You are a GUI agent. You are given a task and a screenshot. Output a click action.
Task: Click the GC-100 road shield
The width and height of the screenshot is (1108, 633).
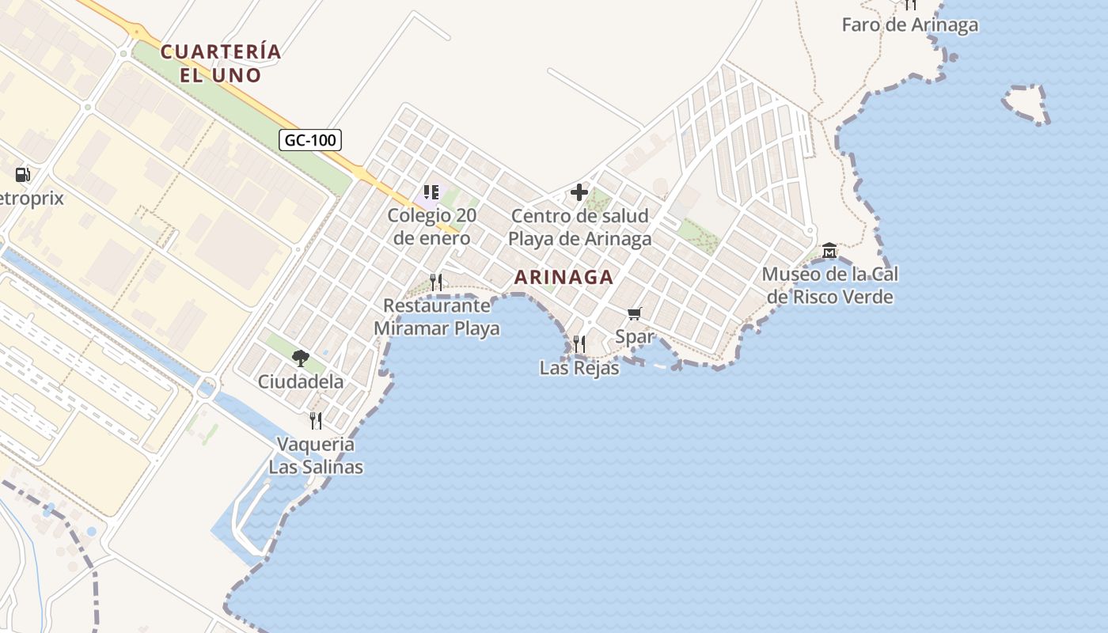310,141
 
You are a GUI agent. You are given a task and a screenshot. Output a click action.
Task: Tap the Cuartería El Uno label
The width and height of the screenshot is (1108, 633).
221,63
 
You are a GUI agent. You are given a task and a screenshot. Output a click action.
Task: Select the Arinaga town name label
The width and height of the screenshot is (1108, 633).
563,277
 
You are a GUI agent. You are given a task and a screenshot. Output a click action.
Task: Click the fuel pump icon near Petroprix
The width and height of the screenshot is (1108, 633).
23,175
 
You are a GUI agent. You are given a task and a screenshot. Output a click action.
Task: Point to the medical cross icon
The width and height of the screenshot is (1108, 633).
579,192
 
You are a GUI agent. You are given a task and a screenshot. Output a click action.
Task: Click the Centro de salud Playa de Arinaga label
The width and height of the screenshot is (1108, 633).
579,227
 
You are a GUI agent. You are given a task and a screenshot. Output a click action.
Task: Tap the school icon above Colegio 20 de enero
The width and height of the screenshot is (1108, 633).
431,192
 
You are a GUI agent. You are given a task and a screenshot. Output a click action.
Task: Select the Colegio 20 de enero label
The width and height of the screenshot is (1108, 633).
431,227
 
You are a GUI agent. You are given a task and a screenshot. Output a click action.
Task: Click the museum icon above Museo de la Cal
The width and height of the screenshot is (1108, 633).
829,251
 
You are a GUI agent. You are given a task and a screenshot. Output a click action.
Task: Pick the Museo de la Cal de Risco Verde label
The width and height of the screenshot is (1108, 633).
829,286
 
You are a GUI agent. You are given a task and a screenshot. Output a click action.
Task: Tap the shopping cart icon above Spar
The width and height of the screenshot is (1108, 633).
634,314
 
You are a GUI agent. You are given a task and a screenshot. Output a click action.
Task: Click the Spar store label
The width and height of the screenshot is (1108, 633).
635,336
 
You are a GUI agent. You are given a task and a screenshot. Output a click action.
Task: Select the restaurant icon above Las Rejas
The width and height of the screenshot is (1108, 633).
579,343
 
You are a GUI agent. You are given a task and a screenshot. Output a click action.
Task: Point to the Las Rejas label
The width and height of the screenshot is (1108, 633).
579,368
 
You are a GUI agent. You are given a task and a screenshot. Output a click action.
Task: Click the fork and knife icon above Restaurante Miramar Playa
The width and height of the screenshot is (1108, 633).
435,282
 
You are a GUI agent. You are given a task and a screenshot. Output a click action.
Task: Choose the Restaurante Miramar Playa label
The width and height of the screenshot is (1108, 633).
436,316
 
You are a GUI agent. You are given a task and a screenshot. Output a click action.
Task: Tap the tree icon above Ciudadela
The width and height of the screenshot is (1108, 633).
301,358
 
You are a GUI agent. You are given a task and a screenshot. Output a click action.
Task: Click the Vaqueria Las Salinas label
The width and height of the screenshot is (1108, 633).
316,456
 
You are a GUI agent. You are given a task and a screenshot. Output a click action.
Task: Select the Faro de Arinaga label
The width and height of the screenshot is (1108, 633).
909,25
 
